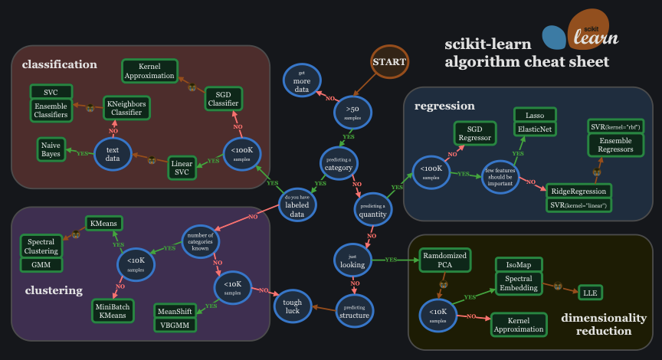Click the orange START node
coord(389,62)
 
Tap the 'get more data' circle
coord(302,81)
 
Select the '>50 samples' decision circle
coord(352,113)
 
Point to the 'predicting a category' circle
coord(339,164)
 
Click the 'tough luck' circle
coord(293,305)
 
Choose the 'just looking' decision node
coord(352,260)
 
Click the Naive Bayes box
coord(50,149)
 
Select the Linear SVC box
coord(182,168)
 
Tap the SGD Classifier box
coord(224,99)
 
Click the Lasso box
coord(535,115)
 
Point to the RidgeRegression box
coord(578,190)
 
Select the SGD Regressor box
coord(475,133)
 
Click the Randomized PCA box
coord(444,260)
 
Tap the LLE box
coord(591,292)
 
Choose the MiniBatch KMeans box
coord(113,310)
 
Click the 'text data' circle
coord(113,153)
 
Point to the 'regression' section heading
coord(444,106)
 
